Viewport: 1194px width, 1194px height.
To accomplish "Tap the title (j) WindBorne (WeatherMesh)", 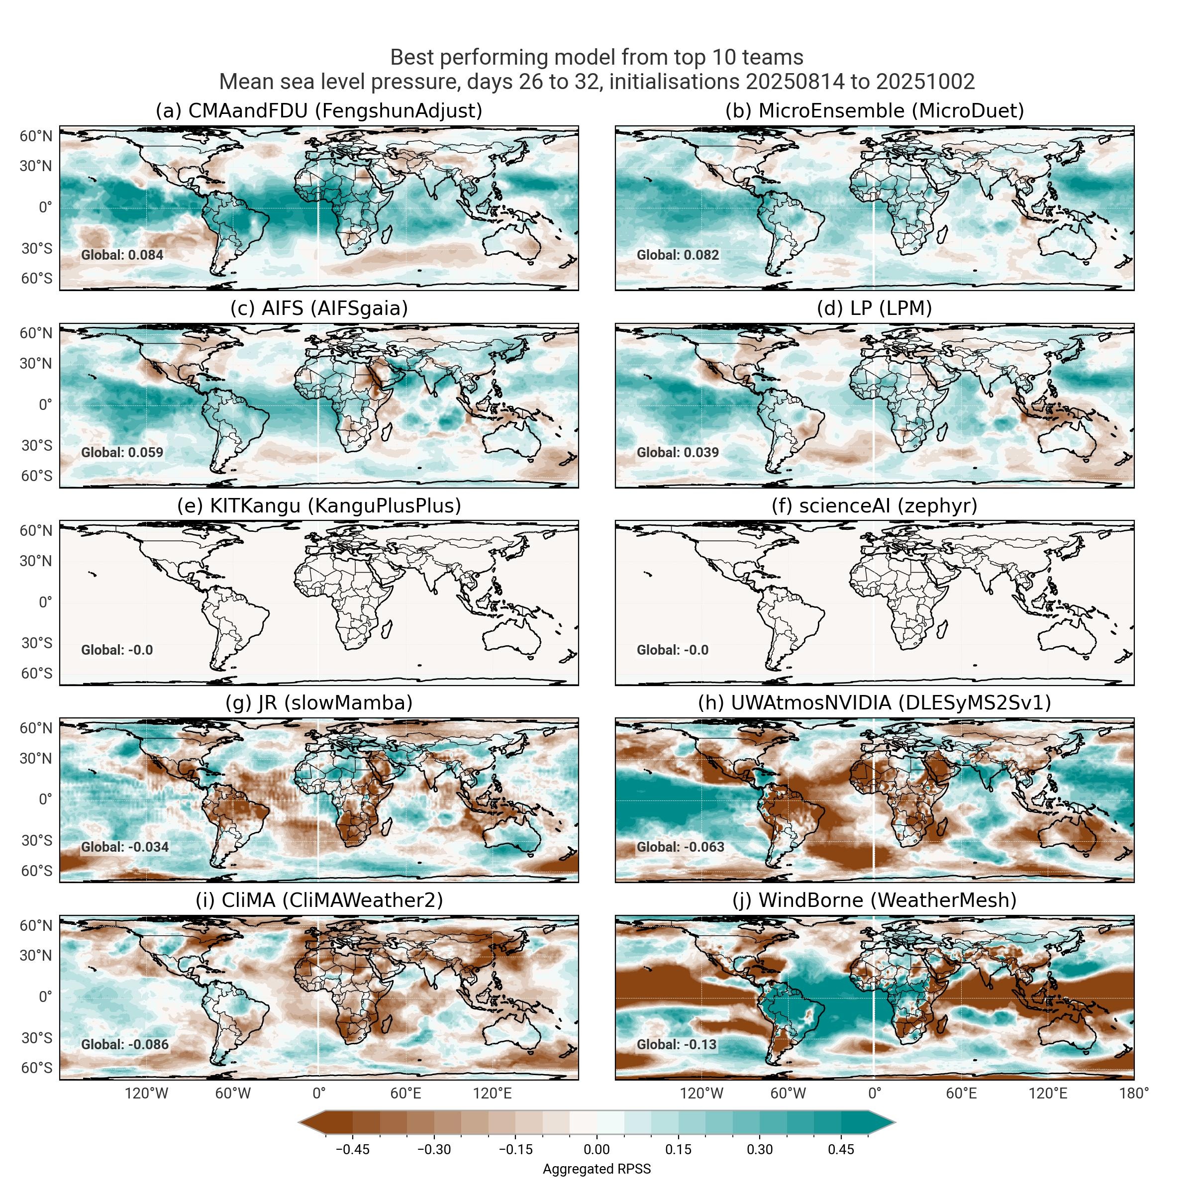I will point(875,900).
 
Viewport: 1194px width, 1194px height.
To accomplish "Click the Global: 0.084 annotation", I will point(122,255).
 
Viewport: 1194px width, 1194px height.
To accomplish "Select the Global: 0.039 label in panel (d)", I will point(678,452).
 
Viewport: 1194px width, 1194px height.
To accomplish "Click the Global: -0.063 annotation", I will point(681,847).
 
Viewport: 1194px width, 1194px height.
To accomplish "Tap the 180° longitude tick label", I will point(1133,1094).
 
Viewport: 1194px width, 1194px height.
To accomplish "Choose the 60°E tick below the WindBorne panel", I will point(961,1094).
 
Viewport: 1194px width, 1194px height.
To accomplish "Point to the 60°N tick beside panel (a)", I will point(36,136).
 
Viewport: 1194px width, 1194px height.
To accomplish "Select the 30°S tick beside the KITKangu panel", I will point(36,643).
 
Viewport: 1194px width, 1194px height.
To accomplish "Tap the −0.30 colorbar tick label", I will point(434,1150).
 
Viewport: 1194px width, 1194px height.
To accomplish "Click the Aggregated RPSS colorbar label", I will point(597,1169).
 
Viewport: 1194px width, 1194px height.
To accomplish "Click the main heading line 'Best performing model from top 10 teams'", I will point(597,58).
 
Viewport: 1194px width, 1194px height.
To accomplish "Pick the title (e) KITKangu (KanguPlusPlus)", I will point(318,505).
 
